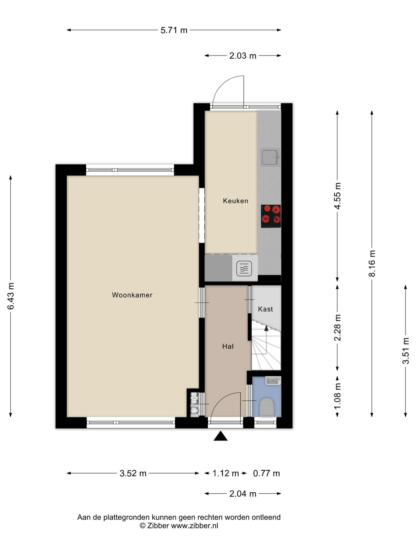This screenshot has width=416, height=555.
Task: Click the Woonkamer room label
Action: pyautogui.click(x=132, y=295)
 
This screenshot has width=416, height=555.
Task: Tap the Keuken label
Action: pyautogui.click(x=236, y=201)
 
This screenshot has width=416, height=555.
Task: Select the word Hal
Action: pyautogui.click(x=228, y=346)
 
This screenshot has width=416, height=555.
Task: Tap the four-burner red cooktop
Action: pyautogui.click(x=271, y=216)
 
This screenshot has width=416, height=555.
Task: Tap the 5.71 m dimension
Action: pyautogui.click(x=174, y=30)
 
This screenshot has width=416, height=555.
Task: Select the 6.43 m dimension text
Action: pyautogui.click(x=11, y=296)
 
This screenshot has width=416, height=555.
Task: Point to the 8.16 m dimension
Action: pyautogui.click(x=372, y=263)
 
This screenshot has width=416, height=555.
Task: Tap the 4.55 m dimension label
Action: pyautogui.click(x=338, y=196)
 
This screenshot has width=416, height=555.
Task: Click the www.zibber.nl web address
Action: pyautogui.click(x=195, y=526)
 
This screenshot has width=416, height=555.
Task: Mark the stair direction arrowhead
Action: pyautogui.click(x=266, y=328)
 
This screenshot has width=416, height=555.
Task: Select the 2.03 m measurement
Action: pyautogui.click(x=243, y=56)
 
